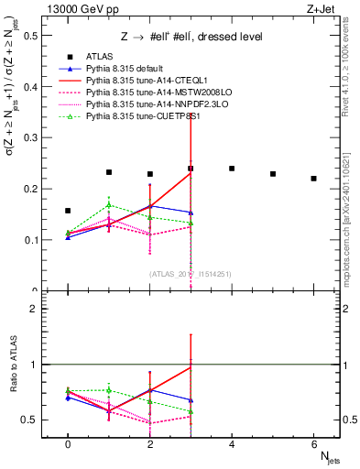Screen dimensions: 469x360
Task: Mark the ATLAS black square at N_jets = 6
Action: (x=313, y=179)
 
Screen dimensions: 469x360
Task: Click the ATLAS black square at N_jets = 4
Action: (x=232, y=169)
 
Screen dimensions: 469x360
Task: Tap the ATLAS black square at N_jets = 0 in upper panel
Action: (x=68, y=211)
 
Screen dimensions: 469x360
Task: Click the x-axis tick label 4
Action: (x=232, y=444)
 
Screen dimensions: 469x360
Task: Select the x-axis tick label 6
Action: (x=313, y=444)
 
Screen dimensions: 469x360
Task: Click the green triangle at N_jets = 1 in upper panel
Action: (x=109, y=204)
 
